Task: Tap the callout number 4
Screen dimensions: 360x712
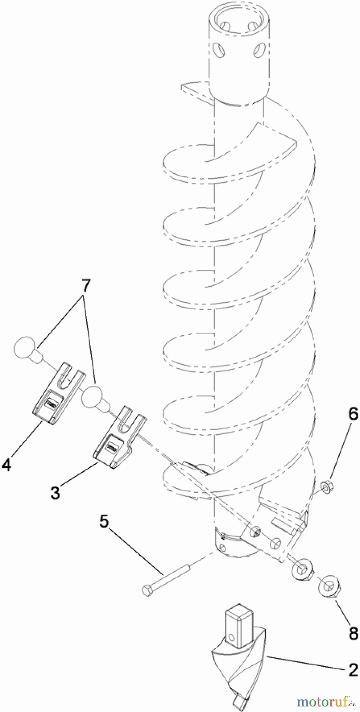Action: point(6,464)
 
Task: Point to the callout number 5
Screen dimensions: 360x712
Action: point(104,521)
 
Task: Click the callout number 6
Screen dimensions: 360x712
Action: point(353,414)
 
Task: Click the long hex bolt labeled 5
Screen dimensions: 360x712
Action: point(166,579)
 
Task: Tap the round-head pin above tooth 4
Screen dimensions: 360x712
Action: point(28,349)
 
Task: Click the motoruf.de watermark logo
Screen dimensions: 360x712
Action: point(326,702)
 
